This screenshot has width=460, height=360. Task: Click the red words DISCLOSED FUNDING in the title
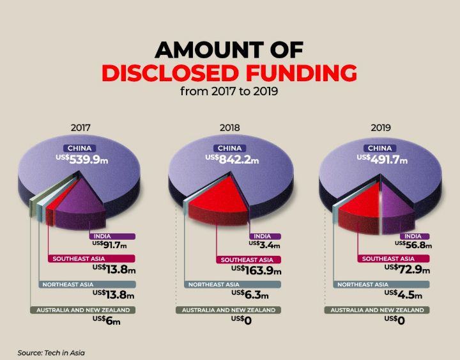(x=229, y=72)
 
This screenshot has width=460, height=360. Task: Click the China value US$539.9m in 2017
(x=80, y=159)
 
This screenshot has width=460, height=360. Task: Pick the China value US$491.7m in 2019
(x=382, y=159)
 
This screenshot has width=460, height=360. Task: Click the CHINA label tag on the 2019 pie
(x=381, y=148)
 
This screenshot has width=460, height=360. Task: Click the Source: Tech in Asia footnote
(x=51, y=352)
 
